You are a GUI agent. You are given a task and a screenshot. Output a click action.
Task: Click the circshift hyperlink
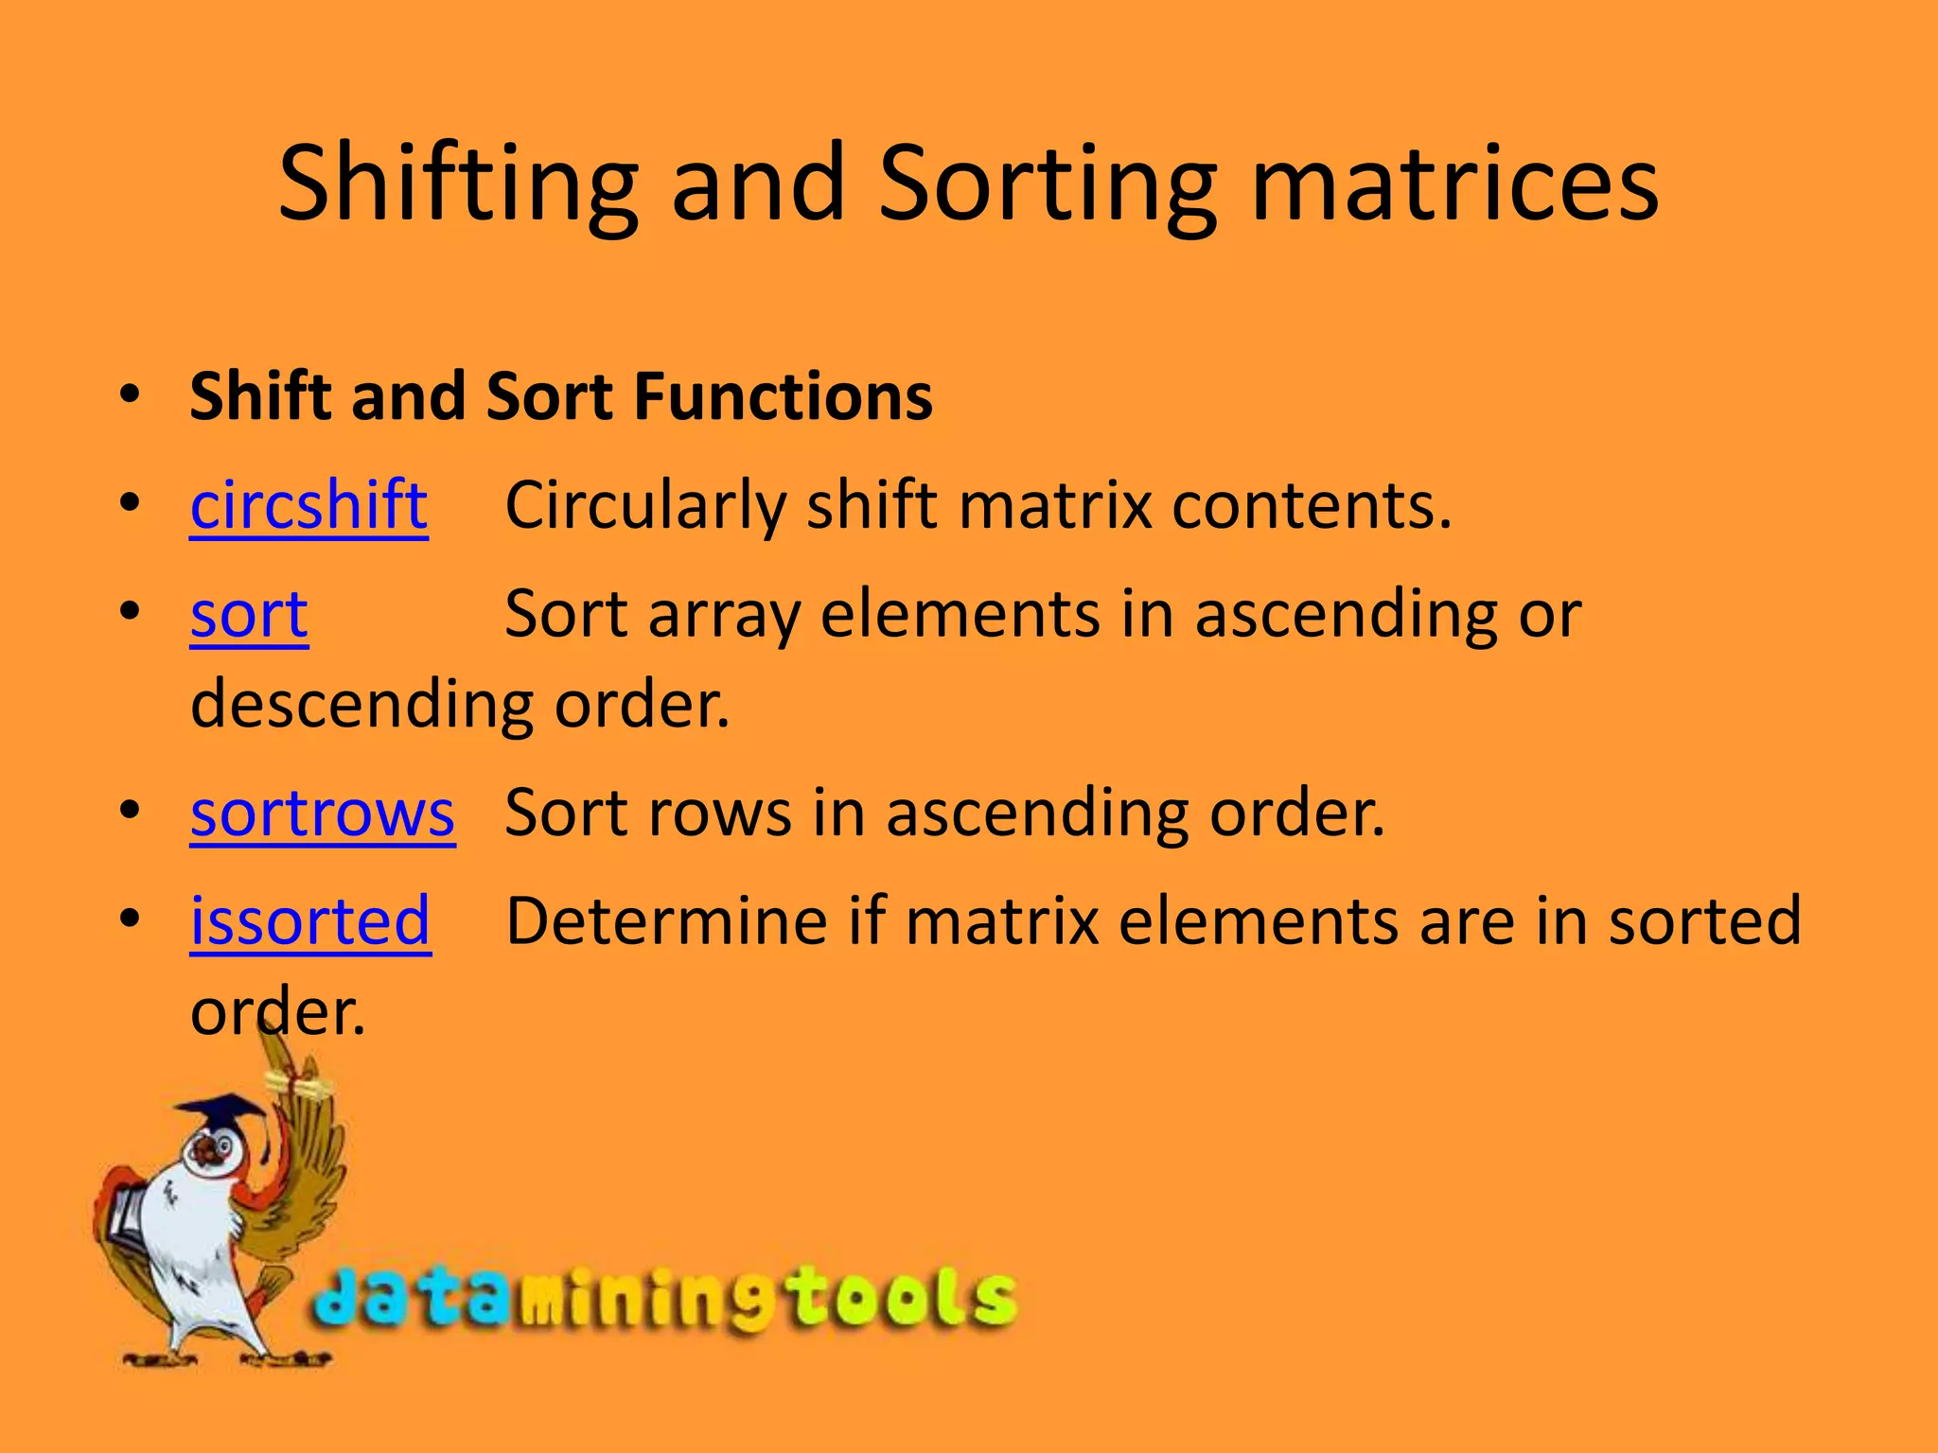click(308, 506)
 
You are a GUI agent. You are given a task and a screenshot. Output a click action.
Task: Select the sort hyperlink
click(249, 615)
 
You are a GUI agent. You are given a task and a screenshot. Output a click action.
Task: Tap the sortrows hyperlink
click(322, 814)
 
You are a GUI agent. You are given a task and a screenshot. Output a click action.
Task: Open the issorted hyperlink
click(310, 921)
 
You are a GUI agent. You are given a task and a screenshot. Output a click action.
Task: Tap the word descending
click(362, 706)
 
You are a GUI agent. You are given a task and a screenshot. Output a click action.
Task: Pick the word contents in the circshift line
click(1311, 506)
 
